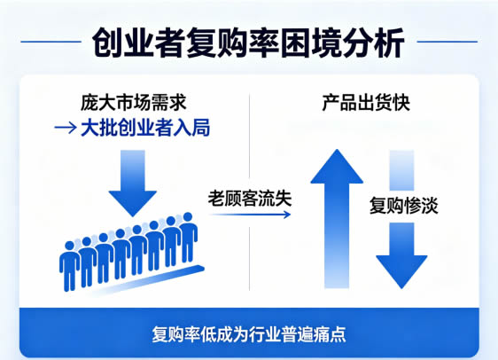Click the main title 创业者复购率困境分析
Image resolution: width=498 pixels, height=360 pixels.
pyautogui.click(x=248, y=43)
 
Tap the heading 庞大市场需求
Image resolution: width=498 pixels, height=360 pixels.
pyautogui.click(x=134, y=103)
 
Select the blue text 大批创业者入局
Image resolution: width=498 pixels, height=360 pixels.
pyautogui.click(x=145, y=128)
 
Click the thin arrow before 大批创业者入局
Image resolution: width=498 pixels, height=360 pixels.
pyautogui.click(x=66, y=128)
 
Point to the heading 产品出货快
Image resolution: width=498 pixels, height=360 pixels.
pyautogui.click(x=366, y=103)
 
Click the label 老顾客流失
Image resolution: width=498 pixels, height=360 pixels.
pyautogui.click(x=250, y=199)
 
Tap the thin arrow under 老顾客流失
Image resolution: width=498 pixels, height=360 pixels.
pyautogui.click(x=250, y=215)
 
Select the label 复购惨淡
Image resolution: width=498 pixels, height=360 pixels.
pyautogui.click(x=404, y=205)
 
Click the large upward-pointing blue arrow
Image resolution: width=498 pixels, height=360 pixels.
pyautogui.click(x=337, y=219)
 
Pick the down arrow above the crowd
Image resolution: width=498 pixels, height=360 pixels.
pyautogui.click(x=133, y=184)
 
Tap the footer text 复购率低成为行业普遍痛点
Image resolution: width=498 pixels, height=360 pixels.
pyautogui.click(x=249, y=334)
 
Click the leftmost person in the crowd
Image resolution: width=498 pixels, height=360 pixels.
pyautogui.click(x=69, y=266)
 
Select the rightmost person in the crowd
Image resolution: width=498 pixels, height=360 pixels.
pyautogui.click(x=188, y=237)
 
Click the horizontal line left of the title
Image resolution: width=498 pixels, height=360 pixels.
pyautogui.click(x=51, y=42)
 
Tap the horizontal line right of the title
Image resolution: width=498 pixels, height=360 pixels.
pyautogui.click(x=447, y=42)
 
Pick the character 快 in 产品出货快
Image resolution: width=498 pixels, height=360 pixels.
pyautogui.click(x=401, y=103)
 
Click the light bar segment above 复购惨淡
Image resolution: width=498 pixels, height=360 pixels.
pyautogui.click(x=401, y=170)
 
